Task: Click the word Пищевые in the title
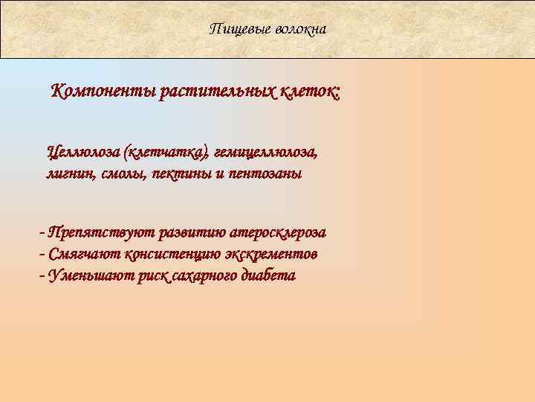pos(236,29)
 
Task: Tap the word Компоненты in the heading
pos(103,93)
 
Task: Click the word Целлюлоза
pos(83,153)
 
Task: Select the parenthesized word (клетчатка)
pos(166,153)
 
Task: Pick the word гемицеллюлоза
pos(265,153)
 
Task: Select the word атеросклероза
pos(278,232)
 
